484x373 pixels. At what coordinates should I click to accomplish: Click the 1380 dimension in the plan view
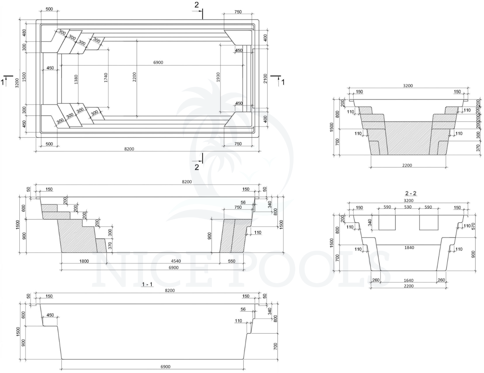point(76,79)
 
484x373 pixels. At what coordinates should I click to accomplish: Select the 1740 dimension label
point(106,77)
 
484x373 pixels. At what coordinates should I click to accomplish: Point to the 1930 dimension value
point(218,77)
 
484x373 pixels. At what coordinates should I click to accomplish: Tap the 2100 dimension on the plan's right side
point(265,78)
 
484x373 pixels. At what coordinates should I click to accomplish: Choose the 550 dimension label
point(232,261)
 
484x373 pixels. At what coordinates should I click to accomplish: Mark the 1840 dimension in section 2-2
point(409,248)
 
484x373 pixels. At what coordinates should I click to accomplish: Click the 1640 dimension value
point(408,280)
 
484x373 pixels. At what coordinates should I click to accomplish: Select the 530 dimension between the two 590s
point(408,207)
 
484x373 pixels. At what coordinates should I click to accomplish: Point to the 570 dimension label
point(474,226)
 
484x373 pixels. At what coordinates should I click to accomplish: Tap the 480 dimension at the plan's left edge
point(24,33)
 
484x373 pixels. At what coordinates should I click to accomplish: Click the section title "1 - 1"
point(147,284)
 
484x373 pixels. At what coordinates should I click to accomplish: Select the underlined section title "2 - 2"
point(411,194)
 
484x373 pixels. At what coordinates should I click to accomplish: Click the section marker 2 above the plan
point(197,5)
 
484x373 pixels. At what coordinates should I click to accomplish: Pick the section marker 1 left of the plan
point(3,82)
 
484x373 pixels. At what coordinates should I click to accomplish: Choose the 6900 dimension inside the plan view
point(158,63)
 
